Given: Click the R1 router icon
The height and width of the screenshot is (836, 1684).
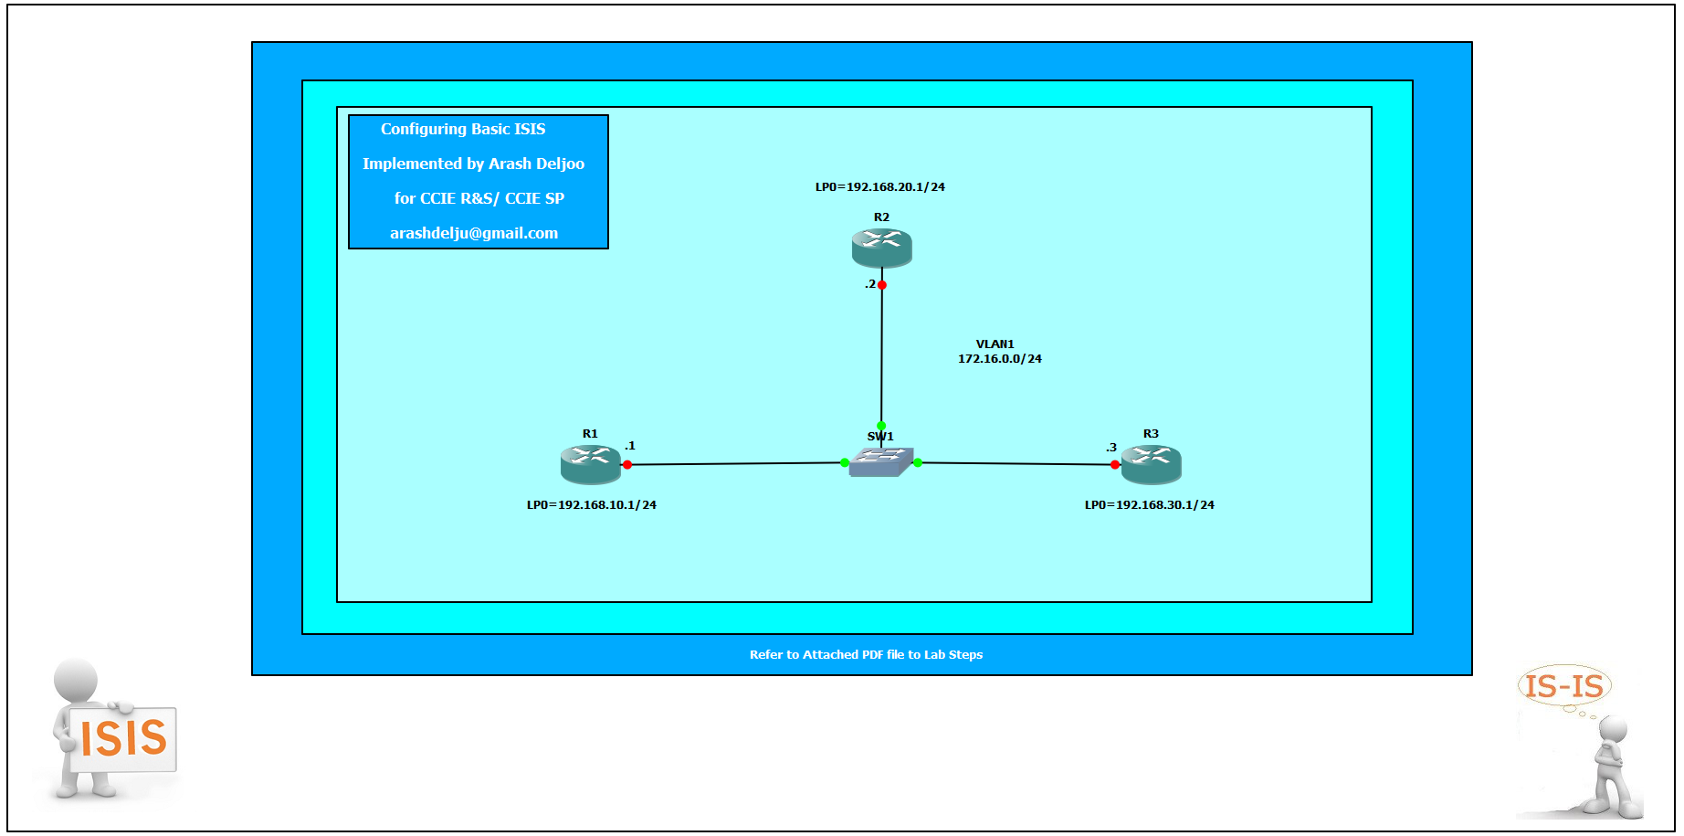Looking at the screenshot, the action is click(x=590, y=464).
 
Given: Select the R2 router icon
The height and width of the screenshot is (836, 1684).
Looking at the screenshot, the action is click(x=881, y=248).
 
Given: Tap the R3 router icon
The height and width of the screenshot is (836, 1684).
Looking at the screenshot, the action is click(x=1151, y=464).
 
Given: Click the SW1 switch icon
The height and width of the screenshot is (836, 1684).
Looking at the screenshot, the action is click(x=880, y=461).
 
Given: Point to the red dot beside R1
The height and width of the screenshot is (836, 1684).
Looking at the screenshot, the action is click(x=626, y=464).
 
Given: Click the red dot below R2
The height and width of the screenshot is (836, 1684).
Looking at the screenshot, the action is click(x=881, y=285).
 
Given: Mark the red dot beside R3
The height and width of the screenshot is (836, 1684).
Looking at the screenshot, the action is click(x=1114, y=464).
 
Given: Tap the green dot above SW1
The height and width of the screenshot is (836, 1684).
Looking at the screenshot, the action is click(x=880, y=426).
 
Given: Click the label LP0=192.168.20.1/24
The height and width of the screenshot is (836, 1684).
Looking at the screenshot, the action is click(x=879, y=187).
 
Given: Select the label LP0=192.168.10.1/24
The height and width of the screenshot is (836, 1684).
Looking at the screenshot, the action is click(x=591, y=505).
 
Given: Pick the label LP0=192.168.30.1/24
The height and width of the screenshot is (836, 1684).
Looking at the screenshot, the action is click(x=1149, y=505).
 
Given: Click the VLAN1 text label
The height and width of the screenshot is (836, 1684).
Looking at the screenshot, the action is click(x=995, y=344).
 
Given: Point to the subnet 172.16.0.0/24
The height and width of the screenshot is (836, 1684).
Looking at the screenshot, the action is click(x=999, y=359).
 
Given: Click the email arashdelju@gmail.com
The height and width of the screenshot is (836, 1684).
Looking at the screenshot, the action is click(x=474, y=233).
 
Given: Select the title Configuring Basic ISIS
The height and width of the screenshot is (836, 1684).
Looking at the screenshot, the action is click(x=463, y=129).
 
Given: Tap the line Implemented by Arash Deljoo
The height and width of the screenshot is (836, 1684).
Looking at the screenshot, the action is click(x=473, y=164).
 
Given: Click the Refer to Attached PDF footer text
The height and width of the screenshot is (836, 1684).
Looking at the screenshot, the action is click(x=866, y=654).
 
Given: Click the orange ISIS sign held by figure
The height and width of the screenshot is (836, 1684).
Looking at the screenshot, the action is click(x=123, y=738).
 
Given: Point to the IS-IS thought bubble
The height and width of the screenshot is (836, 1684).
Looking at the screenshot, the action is click(x=1564, y=686).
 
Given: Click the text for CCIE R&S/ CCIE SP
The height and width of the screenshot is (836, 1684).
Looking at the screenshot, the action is click(x=479, y=198).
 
